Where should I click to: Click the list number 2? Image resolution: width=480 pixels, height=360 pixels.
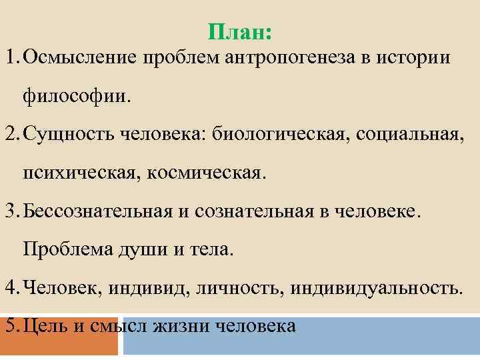[x=9, y=135]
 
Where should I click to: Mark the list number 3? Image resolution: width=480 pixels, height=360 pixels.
[x=9, y=212]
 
